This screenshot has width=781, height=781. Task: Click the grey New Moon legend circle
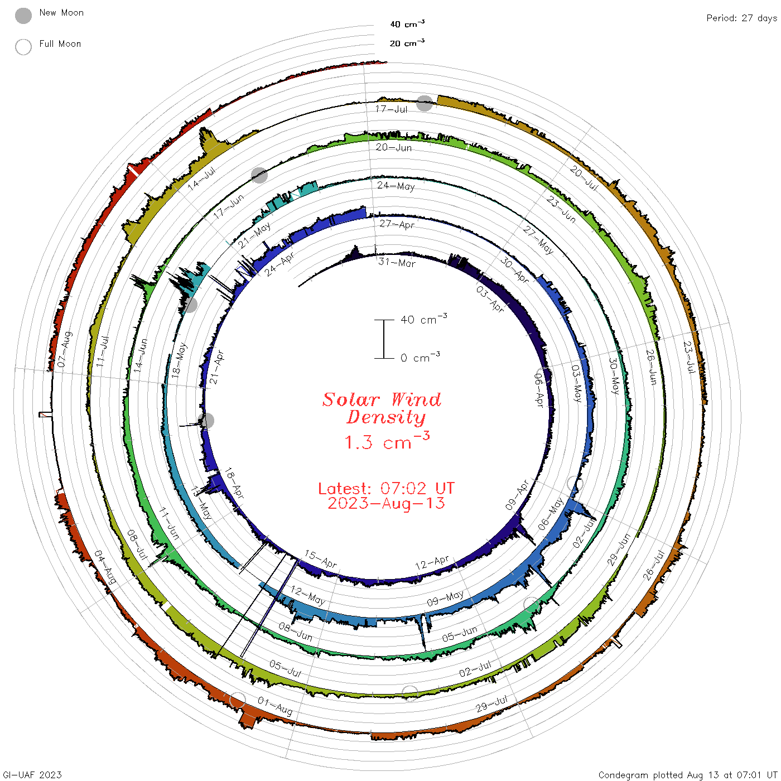23,16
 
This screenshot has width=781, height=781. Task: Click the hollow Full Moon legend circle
23,47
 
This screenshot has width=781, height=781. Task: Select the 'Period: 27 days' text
741,18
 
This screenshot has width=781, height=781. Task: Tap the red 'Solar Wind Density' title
382,408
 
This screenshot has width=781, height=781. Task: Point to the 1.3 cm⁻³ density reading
387,441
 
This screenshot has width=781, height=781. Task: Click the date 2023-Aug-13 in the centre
386,503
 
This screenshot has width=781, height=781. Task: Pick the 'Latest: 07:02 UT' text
386,488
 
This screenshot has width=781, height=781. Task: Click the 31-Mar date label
397,263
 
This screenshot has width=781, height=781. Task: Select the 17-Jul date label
391,109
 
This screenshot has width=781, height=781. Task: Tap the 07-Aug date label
65,349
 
